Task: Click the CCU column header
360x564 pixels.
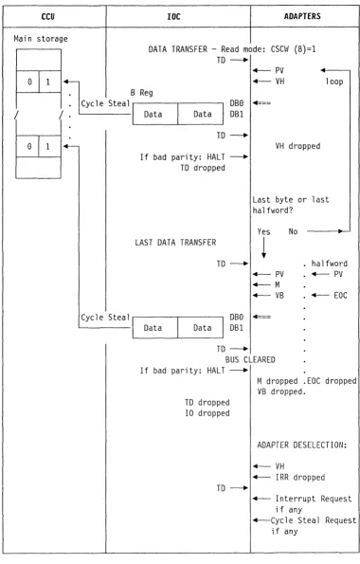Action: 47,16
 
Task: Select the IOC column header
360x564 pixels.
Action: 173,16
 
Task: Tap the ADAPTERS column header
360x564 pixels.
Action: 302,16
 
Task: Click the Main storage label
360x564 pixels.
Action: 41,39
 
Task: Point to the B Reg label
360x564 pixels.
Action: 142,93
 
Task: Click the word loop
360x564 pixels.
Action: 334,82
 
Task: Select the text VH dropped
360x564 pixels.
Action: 297,146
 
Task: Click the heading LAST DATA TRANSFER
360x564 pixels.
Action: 175,243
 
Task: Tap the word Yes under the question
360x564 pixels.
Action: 263,231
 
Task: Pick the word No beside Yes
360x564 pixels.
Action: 293,231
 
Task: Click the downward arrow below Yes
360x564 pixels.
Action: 263,247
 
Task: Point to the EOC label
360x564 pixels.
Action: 340,296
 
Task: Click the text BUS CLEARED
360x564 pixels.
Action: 250,359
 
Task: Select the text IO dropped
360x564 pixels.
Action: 207,413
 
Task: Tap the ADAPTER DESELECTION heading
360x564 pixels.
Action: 302,445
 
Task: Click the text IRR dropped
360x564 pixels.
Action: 300,478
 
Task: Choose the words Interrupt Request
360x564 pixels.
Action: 314,499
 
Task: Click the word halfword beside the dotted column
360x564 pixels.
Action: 330,264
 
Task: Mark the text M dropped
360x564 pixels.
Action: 278,381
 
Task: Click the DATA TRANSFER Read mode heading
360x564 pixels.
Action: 232,49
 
